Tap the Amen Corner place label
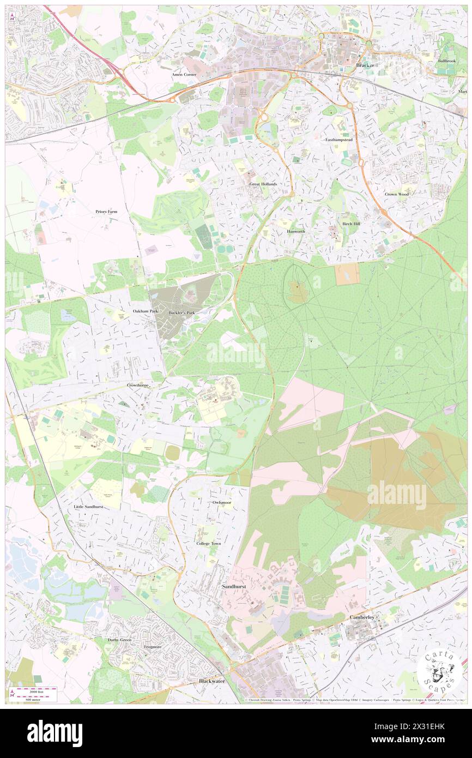(x=184, y=74)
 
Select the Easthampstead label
(x=339, y=140)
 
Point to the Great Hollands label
(x=263, y=184)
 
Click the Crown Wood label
(x=396, y=194)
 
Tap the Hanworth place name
(x=296, y=231)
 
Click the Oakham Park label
(x=146, y=311)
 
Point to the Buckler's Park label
(x=181, y=312)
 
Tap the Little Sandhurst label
(x=88, y=507)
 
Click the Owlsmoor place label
(x=222, y=502)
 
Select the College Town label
(x=209, y=544)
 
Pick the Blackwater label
(x=211, y=681)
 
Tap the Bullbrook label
(x=446, y=61)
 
